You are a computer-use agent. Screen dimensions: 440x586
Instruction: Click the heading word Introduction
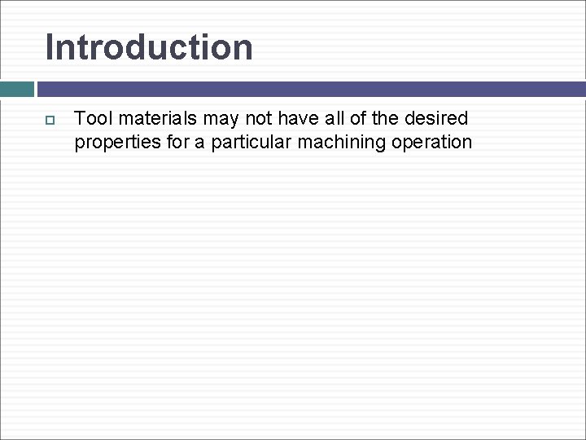[149, 47]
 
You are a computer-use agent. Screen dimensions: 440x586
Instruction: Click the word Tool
[92, 119]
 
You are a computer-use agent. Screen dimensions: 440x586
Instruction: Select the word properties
[113, 143]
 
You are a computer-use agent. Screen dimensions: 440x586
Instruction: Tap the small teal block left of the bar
[16, 89]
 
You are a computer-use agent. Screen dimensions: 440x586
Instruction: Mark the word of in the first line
[362, 119]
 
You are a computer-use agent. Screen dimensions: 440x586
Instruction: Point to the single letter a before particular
[199, 143]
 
